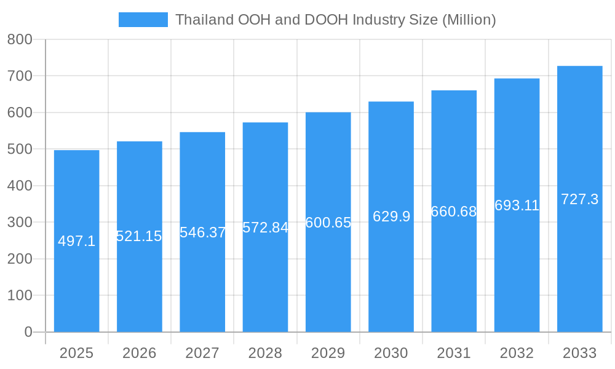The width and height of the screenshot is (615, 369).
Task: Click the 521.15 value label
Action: pyautogui.click(x=139, y=236)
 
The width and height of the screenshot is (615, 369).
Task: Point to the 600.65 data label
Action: pyautogui.click(x=328, y=223)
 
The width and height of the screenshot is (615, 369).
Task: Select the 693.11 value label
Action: pyautogui.click(x=517, y=205)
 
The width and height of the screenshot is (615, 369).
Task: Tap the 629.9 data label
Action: pyautogui.click(x=391, y=216)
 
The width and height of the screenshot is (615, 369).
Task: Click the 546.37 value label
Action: pyautogui.click(x=202, y=232)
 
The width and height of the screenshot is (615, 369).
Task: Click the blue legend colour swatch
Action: pyautogui.click(x=143, y=20)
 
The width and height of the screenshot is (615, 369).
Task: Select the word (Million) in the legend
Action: pyautogui.click(x=469, y=20)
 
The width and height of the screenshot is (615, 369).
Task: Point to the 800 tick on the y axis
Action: pyautogui.click(x=20, y=39)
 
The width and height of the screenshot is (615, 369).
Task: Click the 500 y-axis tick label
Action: pyautogui.click(x=20, y=149)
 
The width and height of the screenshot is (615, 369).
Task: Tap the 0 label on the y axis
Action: pyautogui.click(x=28, y=332)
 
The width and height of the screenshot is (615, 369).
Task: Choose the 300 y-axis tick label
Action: pyautogui.click(x=20, y=223)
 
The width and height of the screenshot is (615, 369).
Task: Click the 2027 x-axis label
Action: pyautogui.click(x=202, y=353)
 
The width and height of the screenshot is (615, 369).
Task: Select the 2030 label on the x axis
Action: pyautogui.click(x=391, y=353)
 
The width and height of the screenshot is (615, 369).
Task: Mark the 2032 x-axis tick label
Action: pyautogui.click(x=517, y=353)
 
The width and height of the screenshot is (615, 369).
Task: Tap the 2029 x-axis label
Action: pyautogui.click(x=328, y=353)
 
